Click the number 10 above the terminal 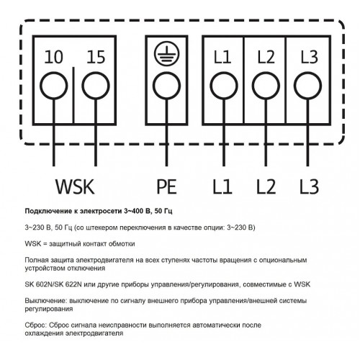(54, 57)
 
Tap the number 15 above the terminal (96, 57)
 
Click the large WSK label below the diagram (75, 186)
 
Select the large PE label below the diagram (167, 186)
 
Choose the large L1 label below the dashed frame (222, 186)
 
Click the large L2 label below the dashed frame (266, 186)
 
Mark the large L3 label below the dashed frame (310, 186)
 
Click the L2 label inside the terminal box (266, 57)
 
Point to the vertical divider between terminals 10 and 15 (73, 95)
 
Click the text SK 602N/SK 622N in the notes (53, 284)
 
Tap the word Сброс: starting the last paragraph (36, 325)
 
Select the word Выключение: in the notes (45, 301)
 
